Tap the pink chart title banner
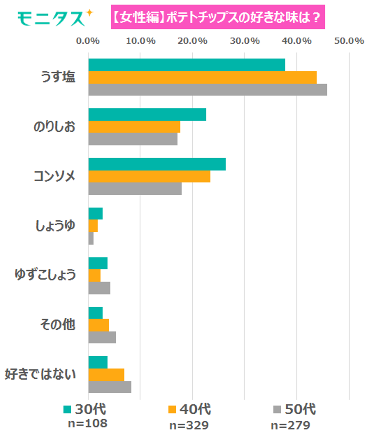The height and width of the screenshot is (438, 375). coord(218,17)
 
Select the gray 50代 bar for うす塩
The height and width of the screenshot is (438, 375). coord(208,90)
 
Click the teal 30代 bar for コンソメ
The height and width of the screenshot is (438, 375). coord(157,164)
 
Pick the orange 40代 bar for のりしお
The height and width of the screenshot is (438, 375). coord(134,127)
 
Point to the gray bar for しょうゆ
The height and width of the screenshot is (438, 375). coord(91,238)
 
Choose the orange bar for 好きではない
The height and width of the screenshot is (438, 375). coord(106,375)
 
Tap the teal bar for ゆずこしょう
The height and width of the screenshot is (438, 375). coord(98,263)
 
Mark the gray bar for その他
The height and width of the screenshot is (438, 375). coord(102,337)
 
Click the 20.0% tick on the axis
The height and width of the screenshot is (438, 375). coord(192,41)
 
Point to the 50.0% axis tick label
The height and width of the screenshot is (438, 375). coord(349,41)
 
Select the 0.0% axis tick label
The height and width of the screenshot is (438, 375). coord(88,41)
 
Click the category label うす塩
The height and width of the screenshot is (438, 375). coord(58,77)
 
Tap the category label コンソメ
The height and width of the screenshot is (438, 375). coord(54,176)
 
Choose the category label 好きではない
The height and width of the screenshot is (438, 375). coord(40,374)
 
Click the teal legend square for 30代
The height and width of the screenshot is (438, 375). coord(67,409)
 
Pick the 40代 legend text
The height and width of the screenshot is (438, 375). coord(195,409)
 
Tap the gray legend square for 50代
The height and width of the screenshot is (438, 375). coord(277,409)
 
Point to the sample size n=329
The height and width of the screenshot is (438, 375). coord(189,426)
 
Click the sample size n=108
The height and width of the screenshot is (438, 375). coord(87,423)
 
